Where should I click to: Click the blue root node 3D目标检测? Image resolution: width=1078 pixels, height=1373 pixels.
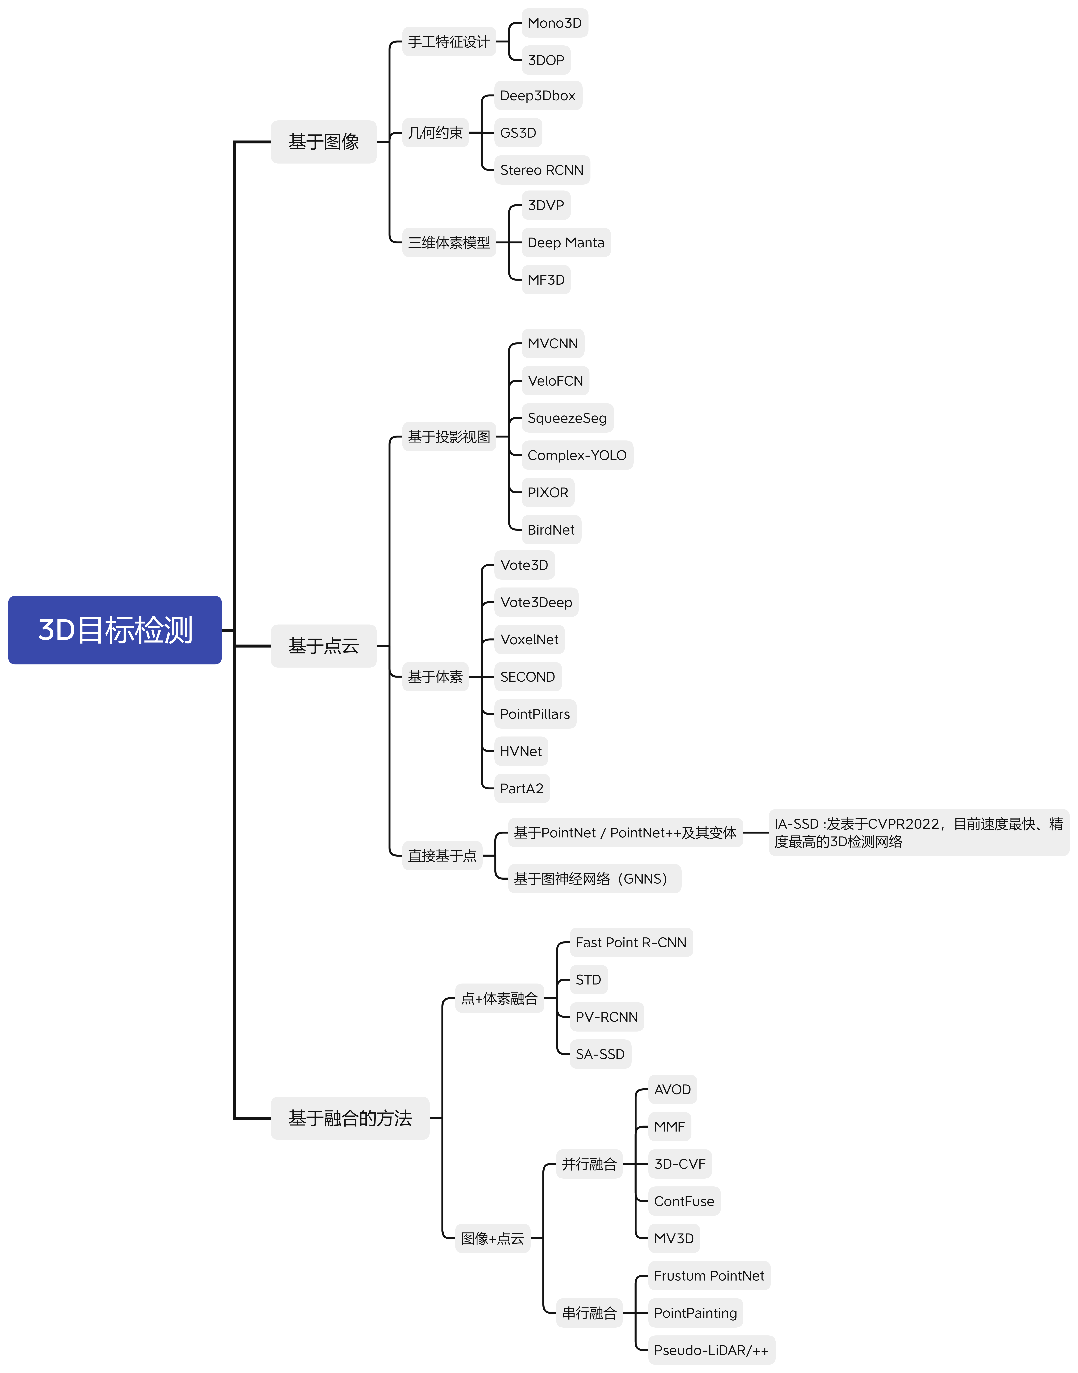[115, 630]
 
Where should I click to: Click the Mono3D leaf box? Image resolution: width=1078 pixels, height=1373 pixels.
[555, 23]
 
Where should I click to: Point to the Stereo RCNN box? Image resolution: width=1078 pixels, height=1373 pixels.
[541, 170]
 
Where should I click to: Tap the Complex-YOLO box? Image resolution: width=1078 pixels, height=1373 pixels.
[577, 455]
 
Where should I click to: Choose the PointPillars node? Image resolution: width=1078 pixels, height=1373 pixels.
[535, 714]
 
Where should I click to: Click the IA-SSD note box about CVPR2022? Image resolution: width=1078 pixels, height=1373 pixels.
[918, 833]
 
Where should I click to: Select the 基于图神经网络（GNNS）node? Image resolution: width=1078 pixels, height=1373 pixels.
[594, 879]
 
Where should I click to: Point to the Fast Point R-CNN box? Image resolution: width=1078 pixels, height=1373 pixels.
[630, 943]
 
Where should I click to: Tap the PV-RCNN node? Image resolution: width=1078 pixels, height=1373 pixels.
[606, 1017]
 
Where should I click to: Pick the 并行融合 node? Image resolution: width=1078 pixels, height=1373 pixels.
[589, 1164]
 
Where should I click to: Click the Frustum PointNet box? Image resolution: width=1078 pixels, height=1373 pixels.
[709, 1276]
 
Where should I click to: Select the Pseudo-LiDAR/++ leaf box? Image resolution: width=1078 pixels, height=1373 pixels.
[711, 1350]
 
